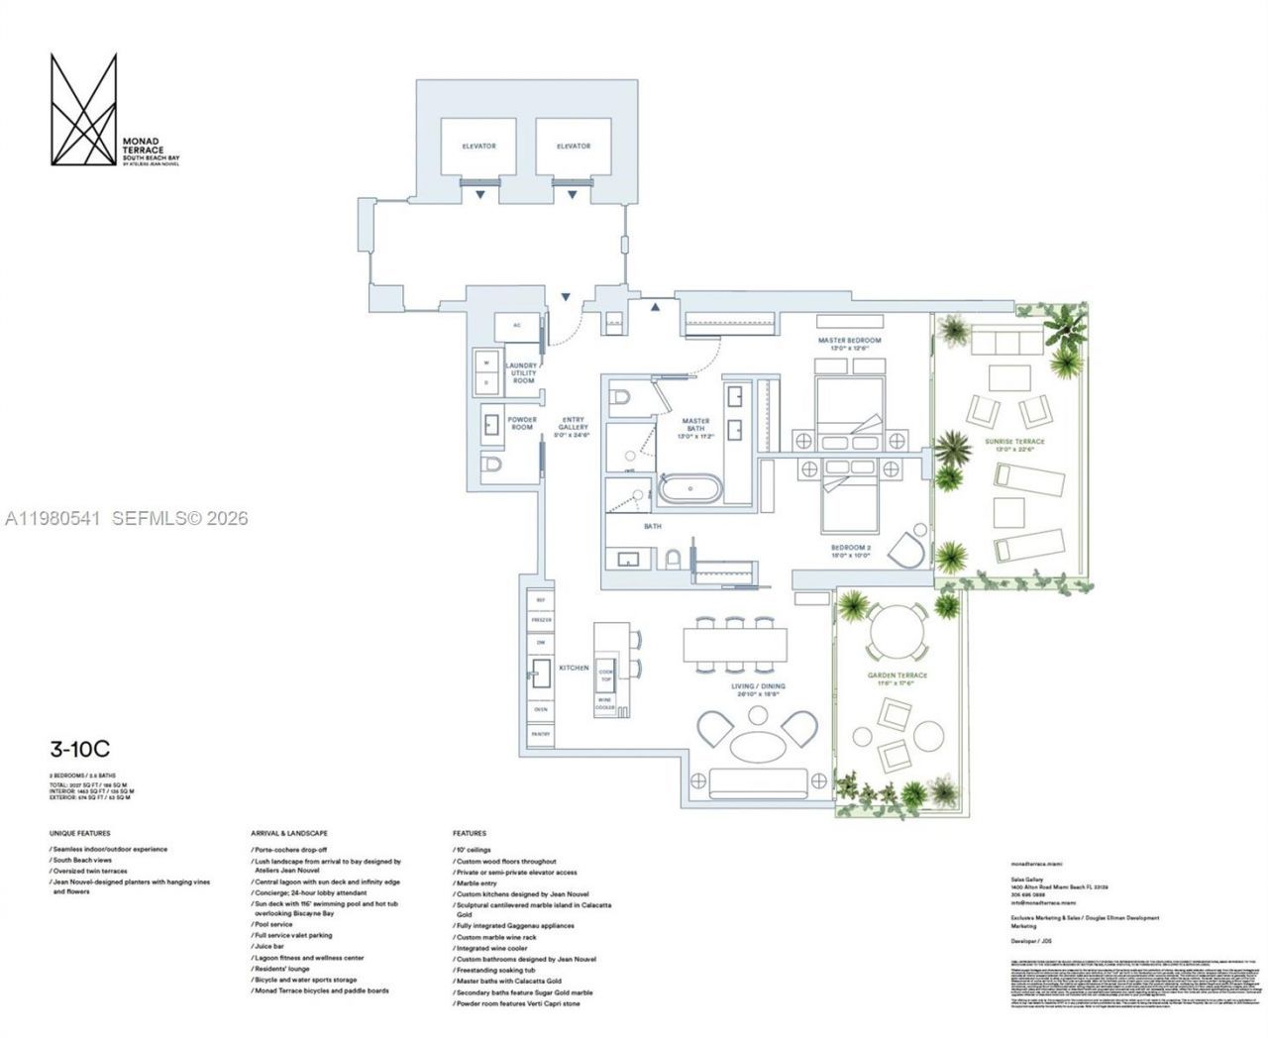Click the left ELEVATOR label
pyautogui.click(x=477, y=147)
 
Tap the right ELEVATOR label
pyautogui.click(x=573, y=147)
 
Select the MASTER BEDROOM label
pyautogui.click(x=849, y=341)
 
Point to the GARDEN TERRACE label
pyautogui.click(x=898, y=675)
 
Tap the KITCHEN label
pyautogui.click(x=574, y=669)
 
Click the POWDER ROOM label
pyautogui.click(x=521, y=423)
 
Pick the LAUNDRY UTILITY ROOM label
pyautogui.click(x=522, y=372)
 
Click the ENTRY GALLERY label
pyautogui.click(x=573, y=427)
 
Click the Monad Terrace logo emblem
pyautogui.click(x=83, y=109)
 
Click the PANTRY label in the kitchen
pyautogui.click(x=540, y=734)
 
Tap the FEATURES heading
pyautogui.click(x=469, y=834)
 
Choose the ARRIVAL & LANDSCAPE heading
pyautogui.click(x=289, y=834)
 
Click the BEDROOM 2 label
pyautogui.click(x=850, y=551)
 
